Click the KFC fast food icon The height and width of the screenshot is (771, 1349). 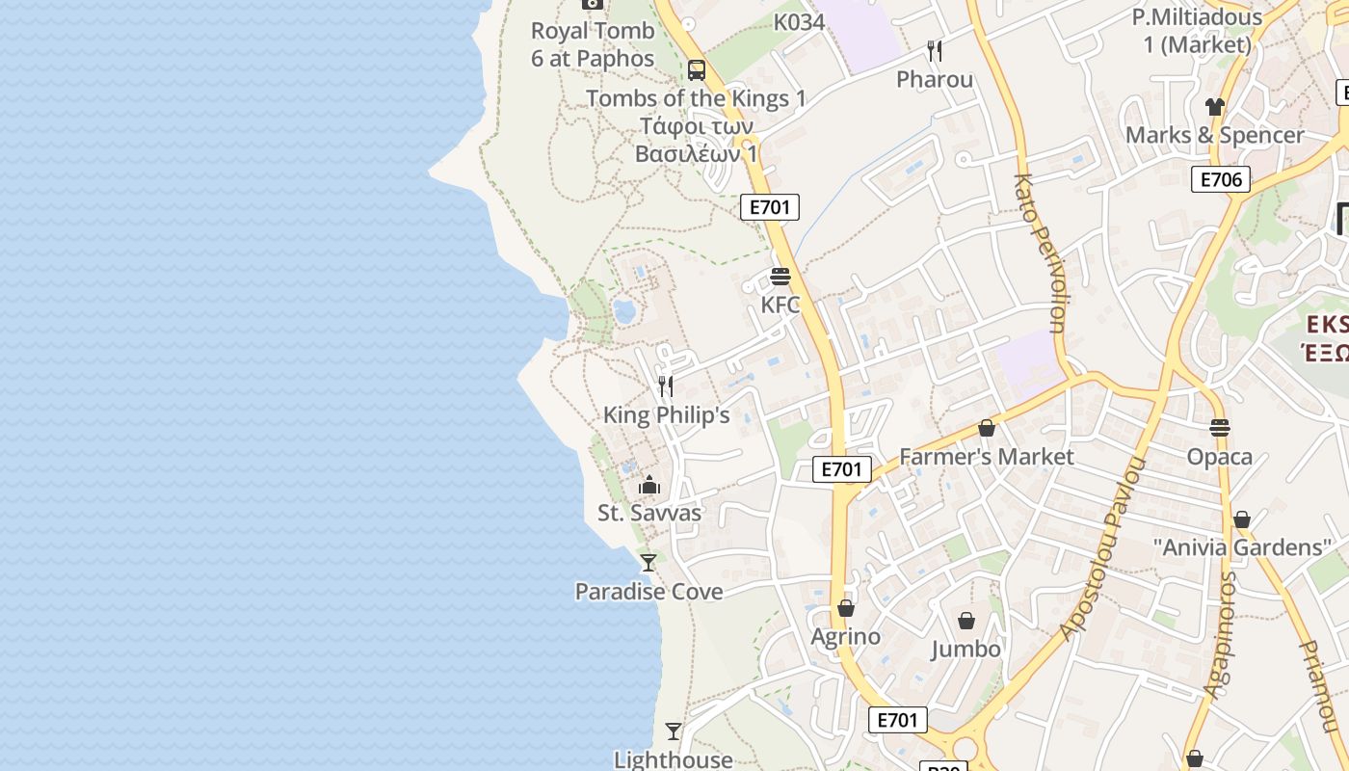(x=780, y=278)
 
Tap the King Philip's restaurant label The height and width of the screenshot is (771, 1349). (x=666, y=415)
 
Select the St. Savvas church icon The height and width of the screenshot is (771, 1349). (x=649, y=485)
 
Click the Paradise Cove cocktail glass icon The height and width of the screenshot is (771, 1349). (x=648, y=562)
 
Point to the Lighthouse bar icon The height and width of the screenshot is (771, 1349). (x=674, y=731)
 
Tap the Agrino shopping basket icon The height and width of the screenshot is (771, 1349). (x=845, y=608)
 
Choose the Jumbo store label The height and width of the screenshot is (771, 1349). (x=965, y=650)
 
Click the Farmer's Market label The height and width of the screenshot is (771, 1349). (x=986, y=456)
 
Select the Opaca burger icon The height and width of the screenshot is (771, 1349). (x=1220, y=427)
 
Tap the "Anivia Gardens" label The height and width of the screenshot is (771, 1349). (x=1242, y=547)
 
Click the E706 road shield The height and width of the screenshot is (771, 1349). (x=1220, y=179)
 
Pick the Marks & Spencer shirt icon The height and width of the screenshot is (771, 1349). (x=1214, y=107)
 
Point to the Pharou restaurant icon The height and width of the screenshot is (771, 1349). (x=934, y=50)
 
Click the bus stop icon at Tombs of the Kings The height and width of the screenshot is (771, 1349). (x=696, y=70)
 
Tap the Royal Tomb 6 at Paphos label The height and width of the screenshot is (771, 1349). (x=592, y=44)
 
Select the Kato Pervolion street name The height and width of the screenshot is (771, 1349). (x=1040, y=253)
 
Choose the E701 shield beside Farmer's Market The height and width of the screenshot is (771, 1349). (x=841, y=469)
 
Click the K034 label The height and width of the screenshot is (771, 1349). (x=799, y=21)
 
